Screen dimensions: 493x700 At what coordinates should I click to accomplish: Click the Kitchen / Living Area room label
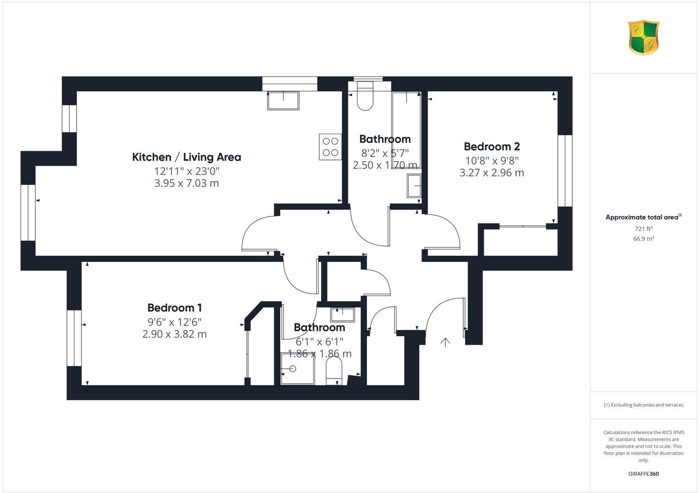186,157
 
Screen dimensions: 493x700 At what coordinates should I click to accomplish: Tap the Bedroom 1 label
175,308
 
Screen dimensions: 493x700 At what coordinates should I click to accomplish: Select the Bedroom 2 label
492,146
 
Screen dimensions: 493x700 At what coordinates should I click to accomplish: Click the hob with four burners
330,147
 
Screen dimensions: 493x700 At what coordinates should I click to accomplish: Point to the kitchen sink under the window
283,101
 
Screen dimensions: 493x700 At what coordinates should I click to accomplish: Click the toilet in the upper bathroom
365,97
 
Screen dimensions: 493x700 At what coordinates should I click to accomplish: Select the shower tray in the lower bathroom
297,369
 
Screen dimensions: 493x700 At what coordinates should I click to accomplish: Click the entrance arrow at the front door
445,343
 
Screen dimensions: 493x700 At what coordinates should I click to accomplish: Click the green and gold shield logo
644,38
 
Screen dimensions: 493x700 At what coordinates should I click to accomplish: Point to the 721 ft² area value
644,229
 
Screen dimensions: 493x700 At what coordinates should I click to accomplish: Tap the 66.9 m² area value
644,239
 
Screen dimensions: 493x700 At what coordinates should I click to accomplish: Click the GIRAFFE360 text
644,474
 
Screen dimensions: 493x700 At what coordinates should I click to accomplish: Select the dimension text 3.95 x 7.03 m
186,183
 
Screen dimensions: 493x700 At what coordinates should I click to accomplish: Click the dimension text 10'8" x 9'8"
492,160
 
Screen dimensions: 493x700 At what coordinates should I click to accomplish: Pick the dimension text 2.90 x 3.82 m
175,334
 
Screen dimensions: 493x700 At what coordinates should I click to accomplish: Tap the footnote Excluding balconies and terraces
644,405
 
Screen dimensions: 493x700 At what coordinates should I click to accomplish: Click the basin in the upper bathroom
414,186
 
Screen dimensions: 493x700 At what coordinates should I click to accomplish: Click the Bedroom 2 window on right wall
565,170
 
